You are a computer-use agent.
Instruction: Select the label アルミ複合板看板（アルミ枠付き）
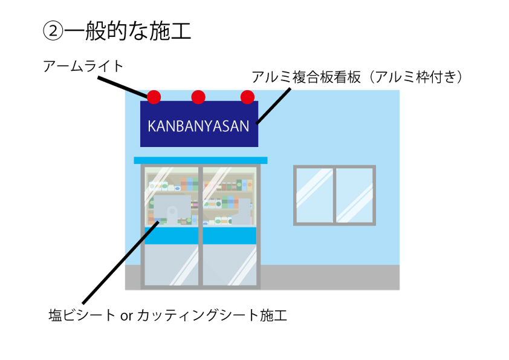coord(357,77)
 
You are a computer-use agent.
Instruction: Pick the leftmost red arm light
coord(154,97)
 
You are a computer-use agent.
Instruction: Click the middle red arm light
coord(198,97)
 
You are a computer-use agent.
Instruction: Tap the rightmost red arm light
coord(247,97)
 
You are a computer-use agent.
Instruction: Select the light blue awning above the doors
coord(200,160)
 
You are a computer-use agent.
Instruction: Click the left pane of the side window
coord(314,195)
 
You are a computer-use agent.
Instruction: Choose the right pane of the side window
coord(355,195)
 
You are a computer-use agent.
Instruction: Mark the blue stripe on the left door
coord(172,235)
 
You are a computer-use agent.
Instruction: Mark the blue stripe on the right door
coord(230,235)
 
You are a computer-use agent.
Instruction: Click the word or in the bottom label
coord(127,316)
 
